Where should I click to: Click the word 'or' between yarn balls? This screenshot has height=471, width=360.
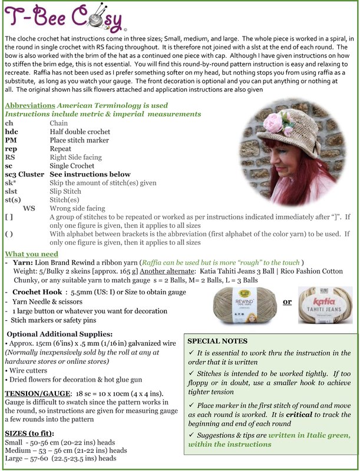click(288, 302)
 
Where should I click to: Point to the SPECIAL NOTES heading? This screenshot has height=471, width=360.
click(217, 341)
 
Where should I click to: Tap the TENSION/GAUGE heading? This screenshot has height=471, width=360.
click(36, 393)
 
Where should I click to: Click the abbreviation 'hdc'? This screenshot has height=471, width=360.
click(12, 132)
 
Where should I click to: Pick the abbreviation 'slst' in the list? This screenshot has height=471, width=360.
click(12, 191)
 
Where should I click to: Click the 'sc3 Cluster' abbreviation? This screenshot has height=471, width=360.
click(24, 174)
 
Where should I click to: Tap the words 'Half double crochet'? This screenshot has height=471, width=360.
click(80, 132)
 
